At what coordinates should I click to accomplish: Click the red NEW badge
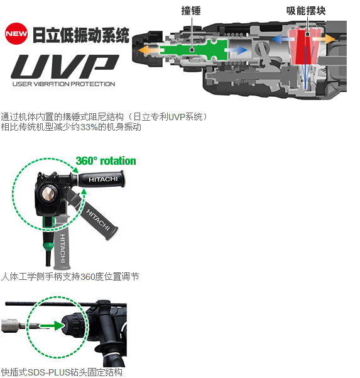[x=16, y=34]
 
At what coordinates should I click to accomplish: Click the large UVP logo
[x=65, y=66]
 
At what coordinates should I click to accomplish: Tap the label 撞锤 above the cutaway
[x=191, y=11]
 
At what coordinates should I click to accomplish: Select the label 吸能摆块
[x=306, y=11]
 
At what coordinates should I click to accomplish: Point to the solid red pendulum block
[x=305, y=47]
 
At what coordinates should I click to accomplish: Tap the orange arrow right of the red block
[x=324, y=38]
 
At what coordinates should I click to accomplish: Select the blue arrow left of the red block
[x=282, y=39]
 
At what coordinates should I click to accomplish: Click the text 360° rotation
[x=106, y=161]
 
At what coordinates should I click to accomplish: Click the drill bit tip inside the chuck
[x=48, y=194]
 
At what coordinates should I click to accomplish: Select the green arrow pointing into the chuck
[x=52, y=326]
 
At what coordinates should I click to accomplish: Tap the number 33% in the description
[x=89, y=127]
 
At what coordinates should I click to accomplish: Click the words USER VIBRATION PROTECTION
[x=64, y=84]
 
